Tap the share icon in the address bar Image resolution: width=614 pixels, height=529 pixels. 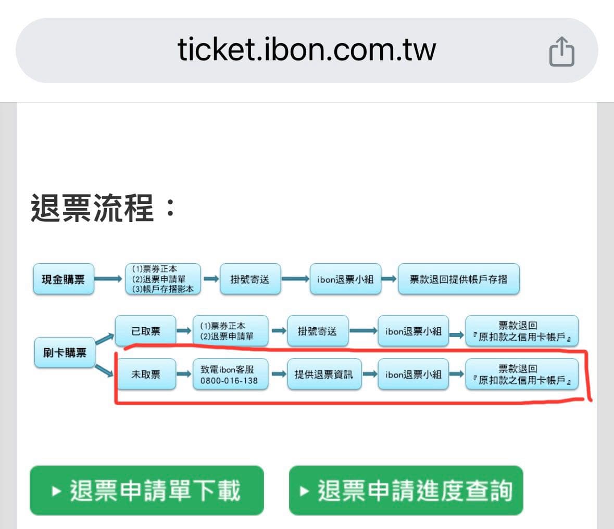[x=561, y=51]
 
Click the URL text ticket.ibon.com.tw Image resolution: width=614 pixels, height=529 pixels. [x=307, y=49]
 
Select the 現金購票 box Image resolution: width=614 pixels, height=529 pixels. [x=64, y=279]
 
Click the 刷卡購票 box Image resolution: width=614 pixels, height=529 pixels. [x=65, y=353]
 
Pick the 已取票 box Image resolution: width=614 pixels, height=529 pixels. [x=146, y=331]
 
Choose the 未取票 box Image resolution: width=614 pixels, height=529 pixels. [x=146, y=374]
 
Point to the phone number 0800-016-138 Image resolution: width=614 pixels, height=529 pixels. [x=229, y=380]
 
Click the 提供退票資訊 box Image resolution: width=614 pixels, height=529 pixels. [x=324, y=374]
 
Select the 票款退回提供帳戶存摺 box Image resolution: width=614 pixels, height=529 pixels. [x=458, y=279]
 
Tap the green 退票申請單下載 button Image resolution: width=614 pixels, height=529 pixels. [x=147, y=491]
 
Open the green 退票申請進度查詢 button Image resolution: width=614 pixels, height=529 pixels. [x=406, y=491]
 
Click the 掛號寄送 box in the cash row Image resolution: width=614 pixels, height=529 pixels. [x=250, y=279]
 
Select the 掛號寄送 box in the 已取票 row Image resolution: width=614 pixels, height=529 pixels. [x=318, y=331]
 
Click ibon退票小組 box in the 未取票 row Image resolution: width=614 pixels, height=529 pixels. [x=413, y=374]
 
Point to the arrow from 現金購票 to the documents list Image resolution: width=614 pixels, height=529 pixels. [x=108, y=279]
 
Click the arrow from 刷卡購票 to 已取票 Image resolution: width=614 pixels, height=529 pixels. [x=105, y=339]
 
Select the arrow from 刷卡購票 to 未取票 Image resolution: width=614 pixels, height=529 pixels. [x=104, y=370]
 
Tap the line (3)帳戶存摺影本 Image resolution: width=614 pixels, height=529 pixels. [x=163, y=289]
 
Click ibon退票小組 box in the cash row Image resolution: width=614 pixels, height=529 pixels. [x=345, y=279]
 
